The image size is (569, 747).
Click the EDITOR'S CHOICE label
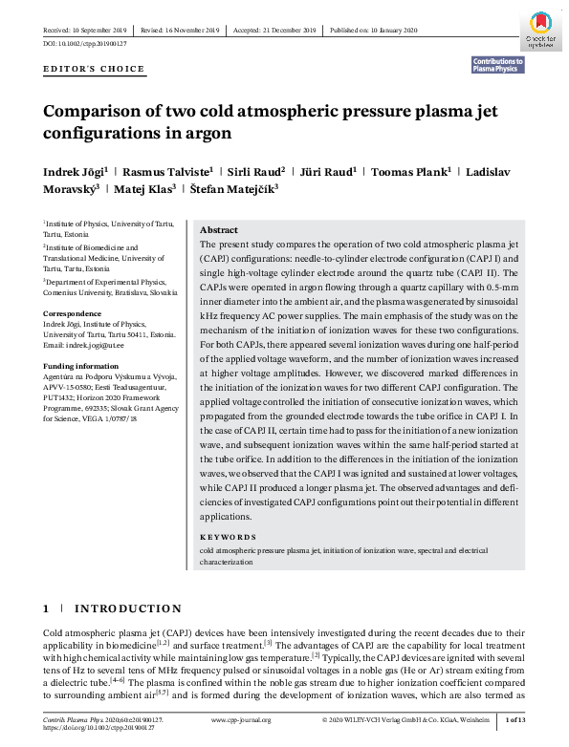94,70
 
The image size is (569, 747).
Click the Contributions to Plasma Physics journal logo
497,64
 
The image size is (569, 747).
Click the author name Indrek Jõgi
76,171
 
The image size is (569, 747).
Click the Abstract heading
219,231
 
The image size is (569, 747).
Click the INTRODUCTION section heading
127,608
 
